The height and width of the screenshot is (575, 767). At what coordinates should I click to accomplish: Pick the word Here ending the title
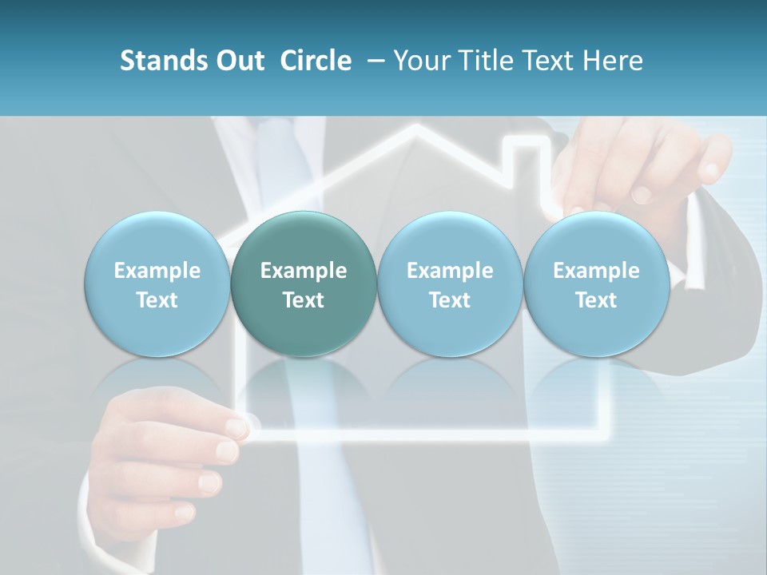click(616, 61)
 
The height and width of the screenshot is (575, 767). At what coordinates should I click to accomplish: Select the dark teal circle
click(304, 284)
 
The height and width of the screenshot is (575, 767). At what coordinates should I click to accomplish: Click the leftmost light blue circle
click(157, 284)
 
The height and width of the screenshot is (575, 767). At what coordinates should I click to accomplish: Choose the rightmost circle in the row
click(596, 284)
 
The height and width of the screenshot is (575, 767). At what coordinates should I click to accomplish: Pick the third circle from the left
click(450, 284)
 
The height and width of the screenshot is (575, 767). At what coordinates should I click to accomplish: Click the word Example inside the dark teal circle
click(304, 271)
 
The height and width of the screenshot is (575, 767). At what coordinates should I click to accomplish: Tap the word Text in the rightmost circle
click(596, 300)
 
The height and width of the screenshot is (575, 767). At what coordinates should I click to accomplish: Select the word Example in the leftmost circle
click(157, 271)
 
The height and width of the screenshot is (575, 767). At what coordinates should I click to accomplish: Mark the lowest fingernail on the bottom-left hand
click(185, 511)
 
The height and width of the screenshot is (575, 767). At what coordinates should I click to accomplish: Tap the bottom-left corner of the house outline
click(257, 436)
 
